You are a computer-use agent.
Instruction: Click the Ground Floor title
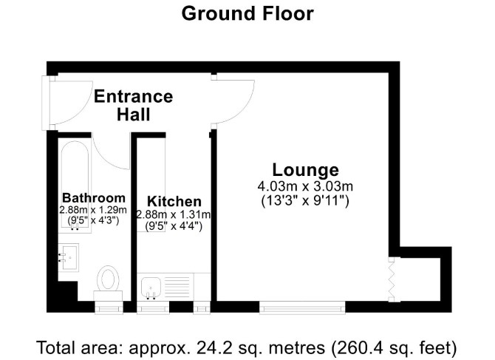tap(247, 14)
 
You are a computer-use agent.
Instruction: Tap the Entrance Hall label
tap(134, 105)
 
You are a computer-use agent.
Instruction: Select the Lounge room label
tap(305, 170)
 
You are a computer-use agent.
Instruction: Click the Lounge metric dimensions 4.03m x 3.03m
tap(305, 186)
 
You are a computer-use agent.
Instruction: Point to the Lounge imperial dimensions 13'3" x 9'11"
tap(305, 200)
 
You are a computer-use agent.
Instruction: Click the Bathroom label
tap(94, 198)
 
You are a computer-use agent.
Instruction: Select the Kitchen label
tap(174, 201)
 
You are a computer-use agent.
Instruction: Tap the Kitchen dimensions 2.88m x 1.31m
tap(174, 214)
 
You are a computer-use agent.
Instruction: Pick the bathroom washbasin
tap(69, 257)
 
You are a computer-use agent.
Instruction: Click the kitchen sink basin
tap(151, 287)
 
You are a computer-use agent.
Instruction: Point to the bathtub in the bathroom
tap(75, 187)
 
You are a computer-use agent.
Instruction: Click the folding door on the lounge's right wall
tap(392, 279)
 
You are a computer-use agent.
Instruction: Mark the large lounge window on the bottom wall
tap(302, 308)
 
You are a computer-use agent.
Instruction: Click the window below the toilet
tap(109, 308)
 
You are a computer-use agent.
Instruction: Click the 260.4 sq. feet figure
tap(394, 347)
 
